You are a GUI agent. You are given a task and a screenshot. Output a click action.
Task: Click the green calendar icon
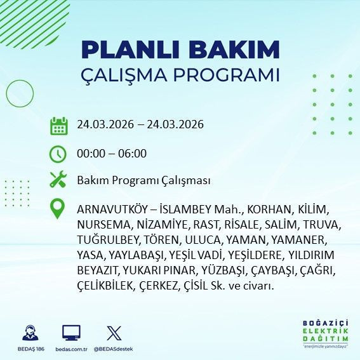pos(58,125)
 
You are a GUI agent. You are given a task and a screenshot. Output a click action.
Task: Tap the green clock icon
pos(58,154)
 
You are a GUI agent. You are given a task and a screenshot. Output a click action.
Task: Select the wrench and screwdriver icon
pos(58,180)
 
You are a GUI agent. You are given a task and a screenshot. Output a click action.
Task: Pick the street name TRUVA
pos(321,225)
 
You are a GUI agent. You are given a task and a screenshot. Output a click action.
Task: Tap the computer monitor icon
pos(71,333)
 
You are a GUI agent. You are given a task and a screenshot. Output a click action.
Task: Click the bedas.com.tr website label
pos(71,349)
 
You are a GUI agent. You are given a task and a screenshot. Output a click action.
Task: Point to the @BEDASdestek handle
pos(114,349)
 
